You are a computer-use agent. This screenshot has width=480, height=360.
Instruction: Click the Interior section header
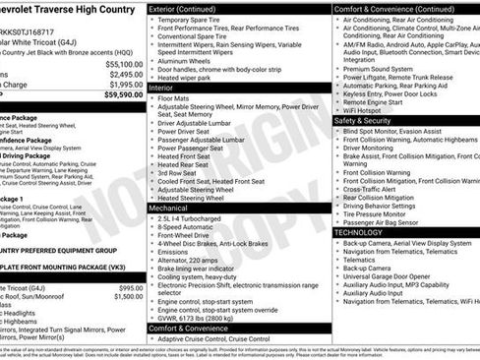[x=162, y=88]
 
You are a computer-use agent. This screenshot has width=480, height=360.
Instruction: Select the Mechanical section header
[x=169, y=209]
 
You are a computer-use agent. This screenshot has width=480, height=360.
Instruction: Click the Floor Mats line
[x=177, y=98]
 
